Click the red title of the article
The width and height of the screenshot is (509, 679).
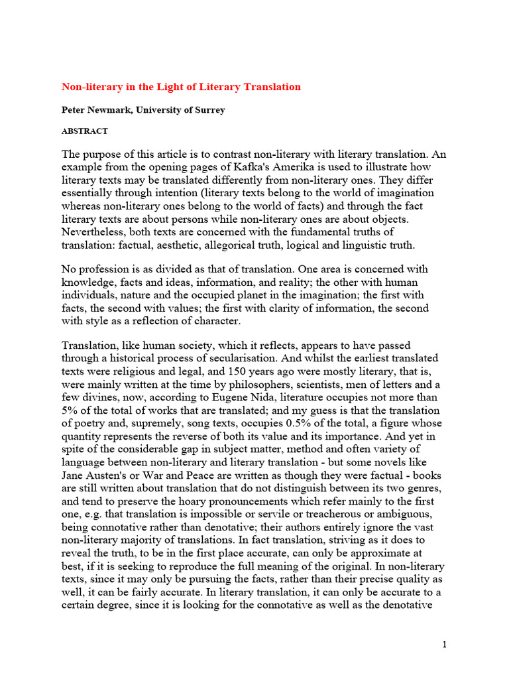coord(181,87)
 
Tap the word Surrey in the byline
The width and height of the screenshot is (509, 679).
coord(209,110)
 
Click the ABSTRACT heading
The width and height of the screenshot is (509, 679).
coord(84,131)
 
